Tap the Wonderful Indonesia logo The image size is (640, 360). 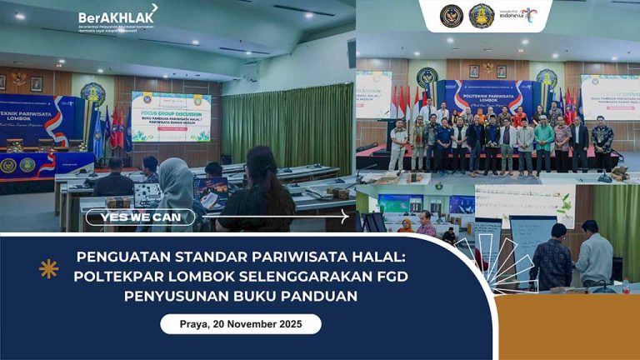pos(517,14)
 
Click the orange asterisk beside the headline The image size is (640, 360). pos(48,268)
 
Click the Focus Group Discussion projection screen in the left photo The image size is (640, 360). pos(170,117)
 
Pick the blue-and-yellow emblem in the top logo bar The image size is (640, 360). pos(481,15)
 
